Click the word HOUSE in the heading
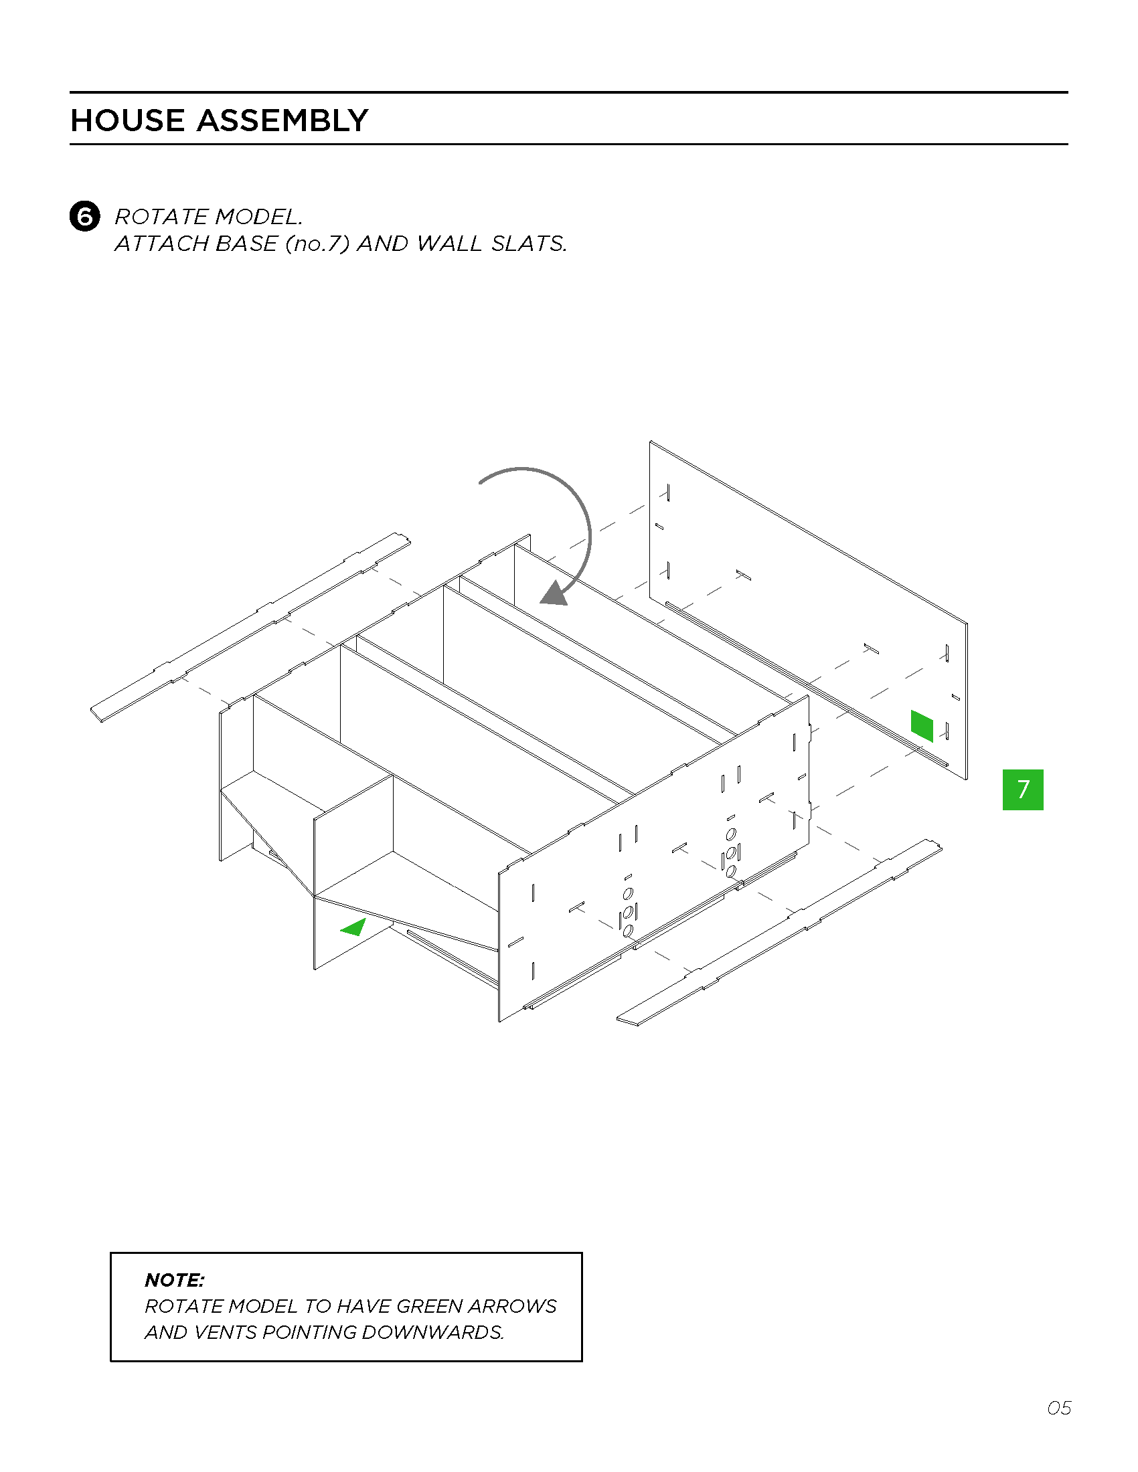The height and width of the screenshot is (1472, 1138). [x=127, y=120]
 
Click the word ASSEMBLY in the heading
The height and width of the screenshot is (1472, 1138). [x=282, y=120]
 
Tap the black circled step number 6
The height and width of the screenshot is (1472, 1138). [x=85, y=216]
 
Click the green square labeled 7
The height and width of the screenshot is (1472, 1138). [x=1023, y=790]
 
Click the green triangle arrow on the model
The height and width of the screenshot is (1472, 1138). [x=353, y=927]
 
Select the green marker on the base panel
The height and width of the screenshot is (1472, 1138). [x=922, y=726]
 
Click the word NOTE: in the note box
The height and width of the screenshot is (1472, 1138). [x=175, y=1280]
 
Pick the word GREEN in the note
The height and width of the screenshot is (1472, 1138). [x=429, y=1306]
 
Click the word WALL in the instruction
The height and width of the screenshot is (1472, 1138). [x=449, y=244]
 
